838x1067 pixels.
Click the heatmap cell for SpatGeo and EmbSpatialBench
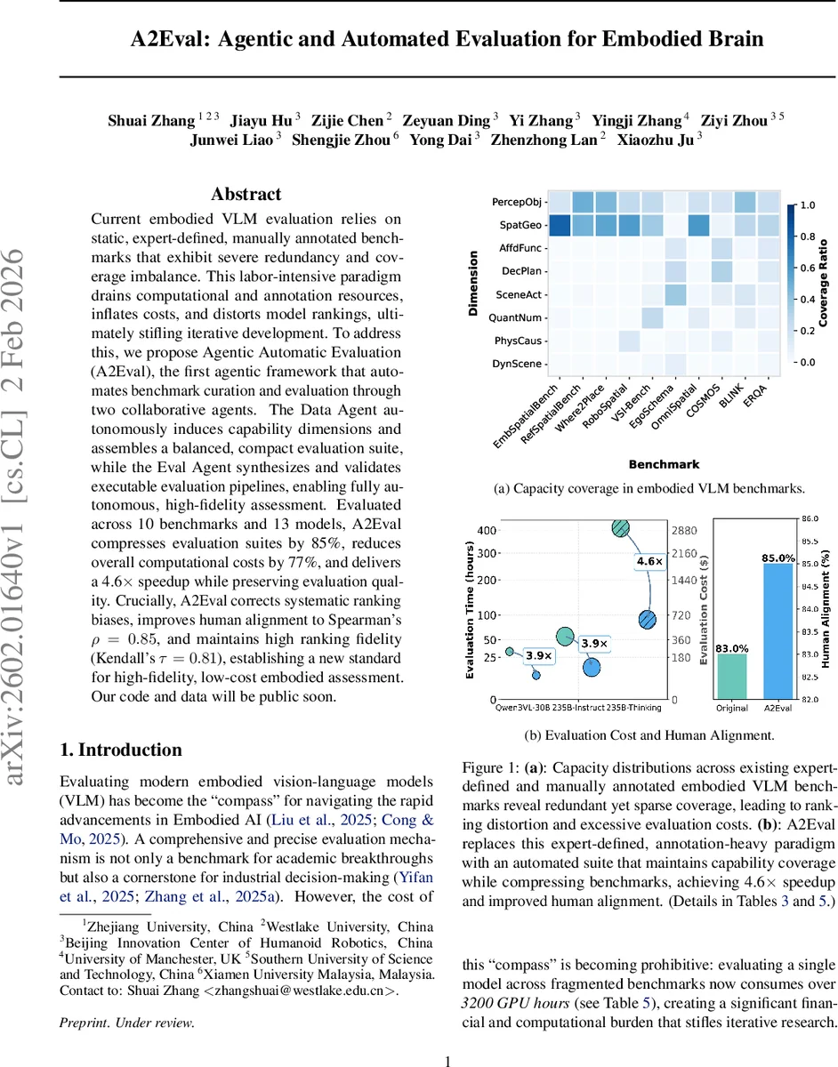click(x=559, y=226)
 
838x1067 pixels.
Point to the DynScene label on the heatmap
click(x=520, y=363)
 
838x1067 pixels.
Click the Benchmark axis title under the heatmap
click(x=664, y=464)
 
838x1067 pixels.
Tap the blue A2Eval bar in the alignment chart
click(x=778, y=631)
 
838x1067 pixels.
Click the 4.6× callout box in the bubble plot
click(x=648, y=562)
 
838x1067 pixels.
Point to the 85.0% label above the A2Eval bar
click(x=778, y=558)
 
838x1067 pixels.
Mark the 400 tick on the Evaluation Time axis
click(x=487, y=530)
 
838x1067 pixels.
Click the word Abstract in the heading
click(x=246, y=194)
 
